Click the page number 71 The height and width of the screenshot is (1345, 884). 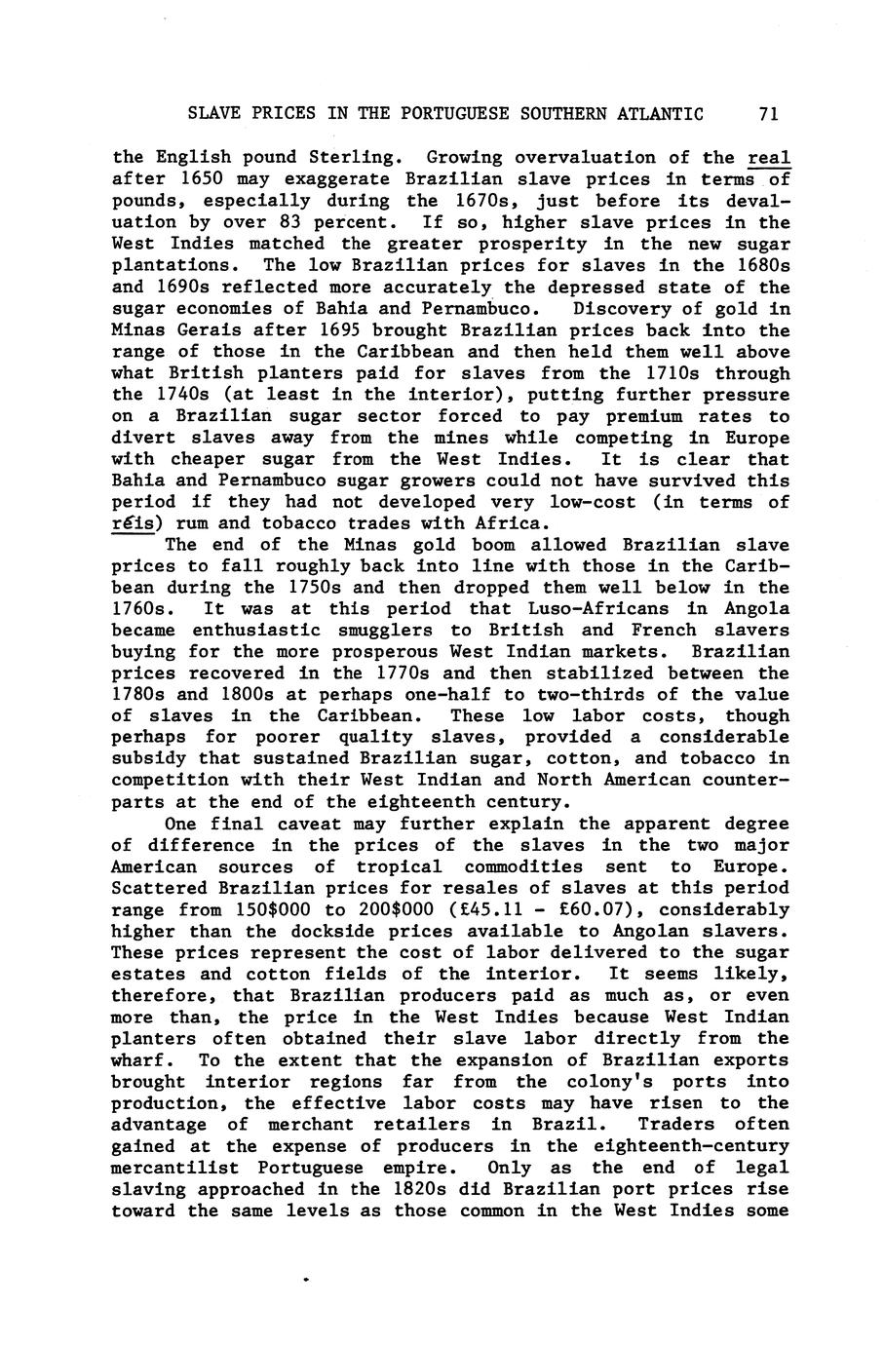coord(767,114)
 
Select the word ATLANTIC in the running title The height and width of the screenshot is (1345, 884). coord(660,114)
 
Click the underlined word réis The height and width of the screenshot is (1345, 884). coord(134,524)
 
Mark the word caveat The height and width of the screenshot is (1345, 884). coord(298,824)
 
